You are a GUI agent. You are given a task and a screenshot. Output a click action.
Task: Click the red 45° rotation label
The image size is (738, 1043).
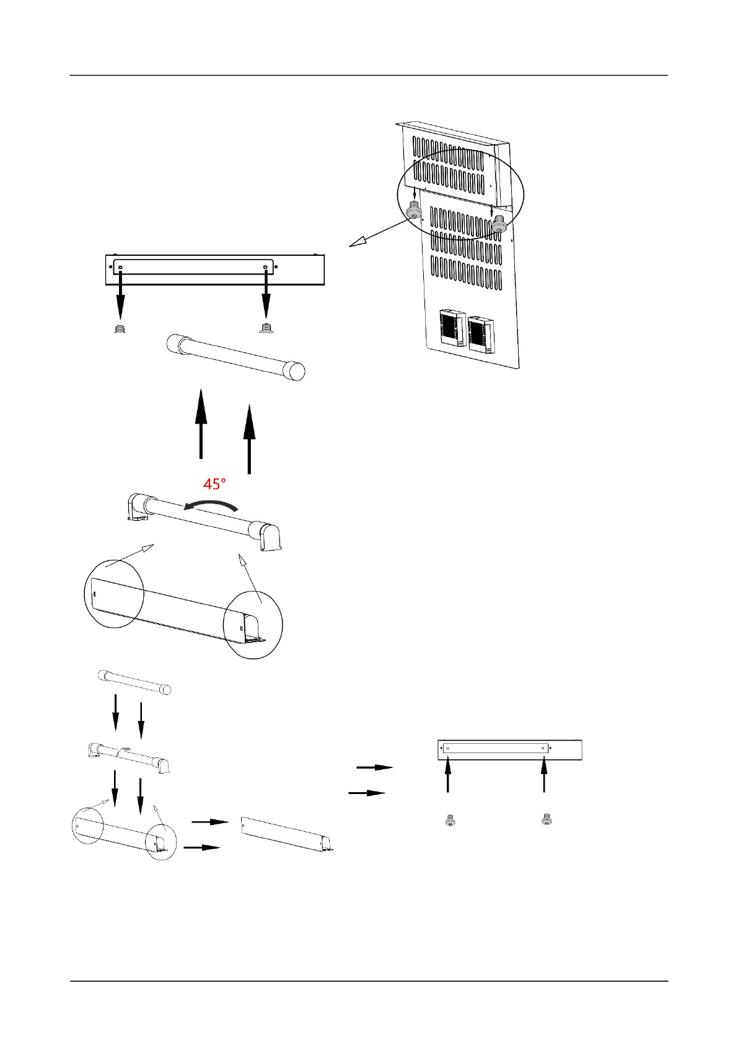[x=214, y=484]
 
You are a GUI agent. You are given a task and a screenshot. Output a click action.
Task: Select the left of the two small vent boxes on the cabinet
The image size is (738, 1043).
[x=452, y=327]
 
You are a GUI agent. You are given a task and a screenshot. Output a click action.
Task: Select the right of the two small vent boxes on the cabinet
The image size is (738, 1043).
[x=481, y=334]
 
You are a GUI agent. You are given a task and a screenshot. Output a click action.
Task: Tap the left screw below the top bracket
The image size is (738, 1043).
[x=120, y=328]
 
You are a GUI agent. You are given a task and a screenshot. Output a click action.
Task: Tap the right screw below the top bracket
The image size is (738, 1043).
[x=266, y=328]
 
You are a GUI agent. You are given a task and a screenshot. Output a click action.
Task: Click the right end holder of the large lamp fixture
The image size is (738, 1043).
[x=271, y=536]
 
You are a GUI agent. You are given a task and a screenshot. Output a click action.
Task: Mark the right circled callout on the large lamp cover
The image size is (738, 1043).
[x=253, y=625]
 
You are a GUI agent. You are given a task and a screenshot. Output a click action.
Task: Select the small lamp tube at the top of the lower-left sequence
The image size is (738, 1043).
[x=134, y=681]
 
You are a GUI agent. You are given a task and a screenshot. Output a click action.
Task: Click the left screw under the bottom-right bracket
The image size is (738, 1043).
[x=450, y=821]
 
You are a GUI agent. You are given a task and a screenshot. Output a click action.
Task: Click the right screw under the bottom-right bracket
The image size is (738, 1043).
[x=547, y=819]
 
